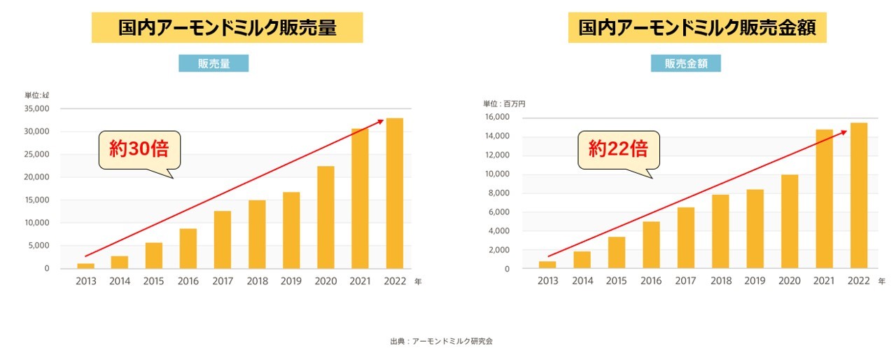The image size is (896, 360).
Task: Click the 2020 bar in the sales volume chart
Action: (x=325, y=217)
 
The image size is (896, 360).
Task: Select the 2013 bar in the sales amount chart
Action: (x=547, y=265)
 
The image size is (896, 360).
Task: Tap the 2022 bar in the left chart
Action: (x=394, y=193)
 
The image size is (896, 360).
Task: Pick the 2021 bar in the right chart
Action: (x=825, y=199)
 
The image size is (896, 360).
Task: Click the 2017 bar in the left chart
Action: (x=223, y=240)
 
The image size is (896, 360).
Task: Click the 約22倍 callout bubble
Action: (x=619, y=149)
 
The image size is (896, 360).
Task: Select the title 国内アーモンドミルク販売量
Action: (x=227, y=27)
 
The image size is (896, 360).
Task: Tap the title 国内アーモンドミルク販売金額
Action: (x=696, y=27)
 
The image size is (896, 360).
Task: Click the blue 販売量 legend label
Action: (x=213, y=64)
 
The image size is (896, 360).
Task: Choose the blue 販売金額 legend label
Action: (x=685, y=64)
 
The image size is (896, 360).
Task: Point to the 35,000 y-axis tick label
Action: (x=37, y=109)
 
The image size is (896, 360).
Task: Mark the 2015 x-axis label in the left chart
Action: (x=154, y=282)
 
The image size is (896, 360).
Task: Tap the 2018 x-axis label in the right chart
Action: (x=721, y=281)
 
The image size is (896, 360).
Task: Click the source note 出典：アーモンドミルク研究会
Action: (x=442, y=341)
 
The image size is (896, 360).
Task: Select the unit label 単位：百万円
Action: (x=504, y=104)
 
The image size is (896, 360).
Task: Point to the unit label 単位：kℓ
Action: (x=36, y=95)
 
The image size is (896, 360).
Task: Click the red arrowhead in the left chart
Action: (x=381, y=121)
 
